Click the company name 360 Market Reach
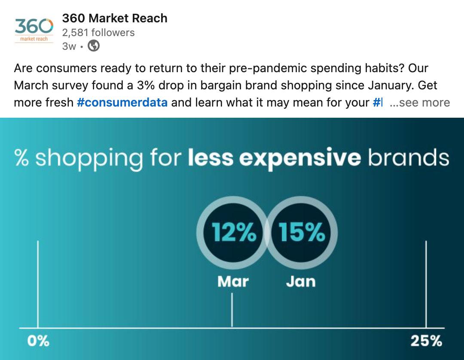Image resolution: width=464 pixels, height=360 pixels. [x=115, y=18]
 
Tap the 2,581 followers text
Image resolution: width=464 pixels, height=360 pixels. [x=98, y=33]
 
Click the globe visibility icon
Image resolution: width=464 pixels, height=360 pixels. [x=94, y=46]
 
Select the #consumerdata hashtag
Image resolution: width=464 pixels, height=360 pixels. [x=122, y=103]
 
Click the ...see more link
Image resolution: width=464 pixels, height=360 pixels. [x=419, y=103]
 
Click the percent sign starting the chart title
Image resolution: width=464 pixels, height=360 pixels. [x=21, y=158]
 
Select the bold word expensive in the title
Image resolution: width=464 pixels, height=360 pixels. [x=299, y=158]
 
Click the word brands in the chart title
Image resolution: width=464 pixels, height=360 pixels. [x=409, y=158]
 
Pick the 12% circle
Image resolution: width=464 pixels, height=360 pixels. [x=233, y=233]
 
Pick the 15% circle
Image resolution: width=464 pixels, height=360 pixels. [x=302, y=233]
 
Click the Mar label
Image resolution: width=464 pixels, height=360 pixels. [x=233, y=281]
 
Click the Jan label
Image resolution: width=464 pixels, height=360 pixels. [x=301, y=281]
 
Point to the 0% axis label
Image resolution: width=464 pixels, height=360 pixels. [x=38, y=342]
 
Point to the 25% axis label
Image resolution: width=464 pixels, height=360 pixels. [x=426, y=342]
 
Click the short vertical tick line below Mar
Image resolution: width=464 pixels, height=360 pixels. [x=232, y=310]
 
